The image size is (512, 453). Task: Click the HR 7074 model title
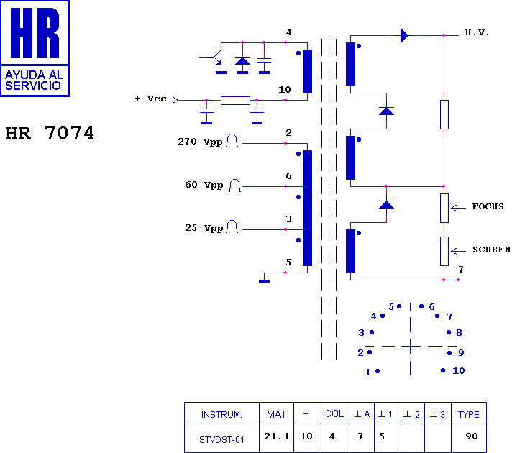coord(50,133)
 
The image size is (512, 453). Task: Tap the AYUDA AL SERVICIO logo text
coord(34,81)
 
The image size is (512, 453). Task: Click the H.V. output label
coord(477,32)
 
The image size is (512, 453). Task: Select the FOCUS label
coord(488,206)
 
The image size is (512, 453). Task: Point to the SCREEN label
coord(491,250)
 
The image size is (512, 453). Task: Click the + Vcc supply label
coord(151,99)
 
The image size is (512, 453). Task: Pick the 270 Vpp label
coord(200,142)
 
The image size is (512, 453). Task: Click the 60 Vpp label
coord(204,185)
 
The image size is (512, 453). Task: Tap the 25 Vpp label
coord(204,228)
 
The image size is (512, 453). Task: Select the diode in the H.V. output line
coord(405,35)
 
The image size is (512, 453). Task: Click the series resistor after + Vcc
coord(235,100)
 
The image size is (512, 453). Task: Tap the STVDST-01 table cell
coord(221,440)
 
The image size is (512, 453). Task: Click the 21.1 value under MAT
coord(277,436)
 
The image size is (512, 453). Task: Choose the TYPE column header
coord(469,414)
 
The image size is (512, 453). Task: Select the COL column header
coord(334,413)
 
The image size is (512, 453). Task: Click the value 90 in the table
coord(472,436)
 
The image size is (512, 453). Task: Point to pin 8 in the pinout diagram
coord(454,332)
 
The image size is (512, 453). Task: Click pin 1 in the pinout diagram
coord(372,372)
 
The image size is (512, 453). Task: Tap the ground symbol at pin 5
coord(264,281)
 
